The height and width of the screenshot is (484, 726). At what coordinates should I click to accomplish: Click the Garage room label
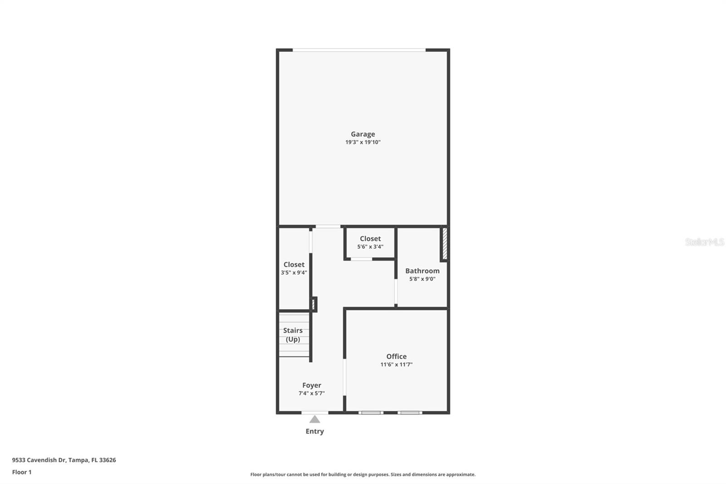coord(363,134)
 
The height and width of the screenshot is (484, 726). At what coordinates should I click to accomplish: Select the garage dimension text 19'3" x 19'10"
coord(363,142)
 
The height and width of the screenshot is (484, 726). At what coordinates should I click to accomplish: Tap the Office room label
coord(396,356)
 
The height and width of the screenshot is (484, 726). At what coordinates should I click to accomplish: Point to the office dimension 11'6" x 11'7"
coord(396,365)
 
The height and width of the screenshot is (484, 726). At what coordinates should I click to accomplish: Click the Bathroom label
coord(422,271)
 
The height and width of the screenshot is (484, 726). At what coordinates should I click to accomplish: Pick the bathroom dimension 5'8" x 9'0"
coord(422,279)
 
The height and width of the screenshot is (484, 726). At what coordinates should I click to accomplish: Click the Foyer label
coord(312,385)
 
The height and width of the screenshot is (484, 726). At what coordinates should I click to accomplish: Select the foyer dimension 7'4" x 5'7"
coord(312,393)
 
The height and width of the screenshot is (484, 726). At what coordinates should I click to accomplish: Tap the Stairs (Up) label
coord(293,335)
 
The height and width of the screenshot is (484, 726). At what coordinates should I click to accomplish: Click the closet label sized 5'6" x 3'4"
coord(370,238)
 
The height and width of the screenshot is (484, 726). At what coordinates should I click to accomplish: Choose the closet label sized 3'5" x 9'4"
coord(294,264)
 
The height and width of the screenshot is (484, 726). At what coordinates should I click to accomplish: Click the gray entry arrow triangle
coord(314,420)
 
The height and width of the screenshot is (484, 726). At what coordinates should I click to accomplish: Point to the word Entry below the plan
coord(314,431)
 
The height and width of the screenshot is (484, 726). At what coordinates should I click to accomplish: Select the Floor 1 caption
coord(22,472)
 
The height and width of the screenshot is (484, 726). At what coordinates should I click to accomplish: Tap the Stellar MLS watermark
coord(704,242)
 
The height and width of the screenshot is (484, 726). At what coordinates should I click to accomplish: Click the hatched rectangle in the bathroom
coord(445,244)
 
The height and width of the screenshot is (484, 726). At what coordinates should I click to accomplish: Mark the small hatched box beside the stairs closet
coord(313,304)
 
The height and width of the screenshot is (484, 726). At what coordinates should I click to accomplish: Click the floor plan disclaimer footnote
coord(363,474)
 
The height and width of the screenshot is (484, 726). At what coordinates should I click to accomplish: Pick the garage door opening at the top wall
coord(359,49)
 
